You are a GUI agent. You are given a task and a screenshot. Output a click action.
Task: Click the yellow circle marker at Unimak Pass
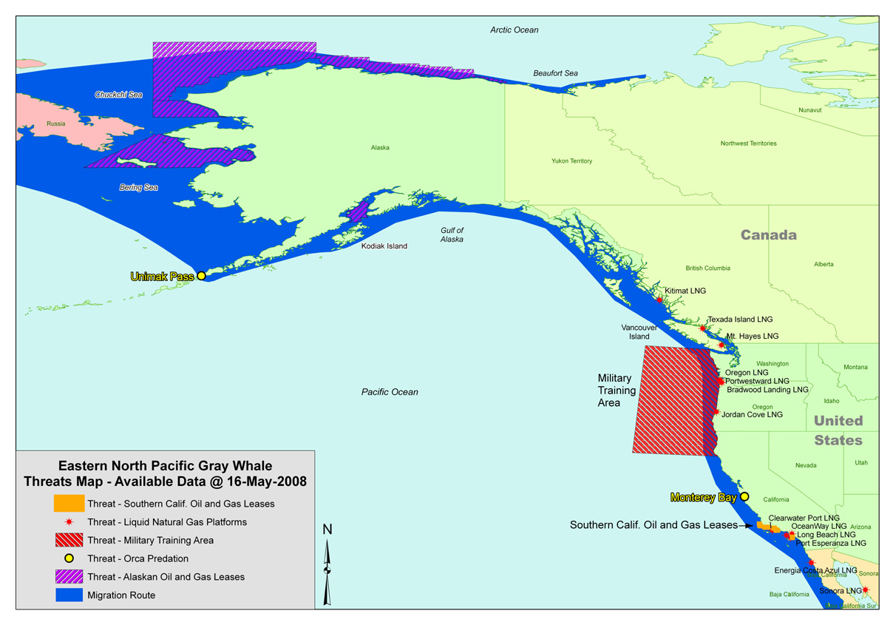(x=201, y=276)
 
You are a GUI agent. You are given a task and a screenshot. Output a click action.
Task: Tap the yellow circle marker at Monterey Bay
(x=744, y=497)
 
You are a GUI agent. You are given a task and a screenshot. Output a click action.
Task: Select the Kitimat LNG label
(x=685, y=291)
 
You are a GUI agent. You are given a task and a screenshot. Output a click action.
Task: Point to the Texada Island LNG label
(x=740, y=320)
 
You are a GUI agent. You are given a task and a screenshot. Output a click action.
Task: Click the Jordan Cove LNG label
(x=753, y=415)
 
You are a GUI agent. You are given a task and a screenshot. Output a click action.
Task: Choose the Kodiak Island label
(x=384, y=246)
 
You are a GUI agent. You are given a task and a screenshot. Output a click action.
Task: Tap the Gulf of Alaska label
(x=452, y=235)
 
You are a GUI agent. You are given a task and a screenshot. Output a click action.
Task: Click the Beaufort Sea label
(x=555, y=73)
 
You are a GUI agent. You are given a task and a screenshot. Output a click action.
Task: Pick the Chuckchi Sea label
(x=118, y=95)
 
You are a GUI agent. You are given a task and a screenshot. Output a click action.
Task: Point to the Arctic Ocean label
(x=515, y=30)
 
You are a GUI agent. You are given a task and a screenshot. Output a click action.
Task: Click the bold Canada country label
(x=769, y=235)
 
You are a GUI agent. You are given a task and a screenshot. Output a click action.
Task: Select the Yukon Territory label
(x=571, y=160)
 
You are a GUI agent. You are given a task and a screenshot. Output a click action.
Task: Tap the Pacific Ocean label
(x=390, y=392)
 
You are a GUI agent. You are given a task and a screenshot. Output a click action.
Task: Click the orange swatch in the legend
(x=68, y=504)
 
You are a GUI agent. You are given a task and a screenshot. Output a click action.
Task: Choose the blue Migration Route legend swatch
(x=68, y=595)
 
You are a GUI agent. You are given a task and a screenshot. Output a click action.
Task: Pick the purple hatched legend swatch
(x=68, y=576)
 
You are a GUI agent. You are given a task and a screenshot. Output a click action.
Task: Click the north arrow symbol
(x=327, y=566)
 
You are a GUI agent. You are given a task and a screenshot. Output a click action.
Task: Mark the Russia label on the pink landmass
(x=55, y=124)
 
